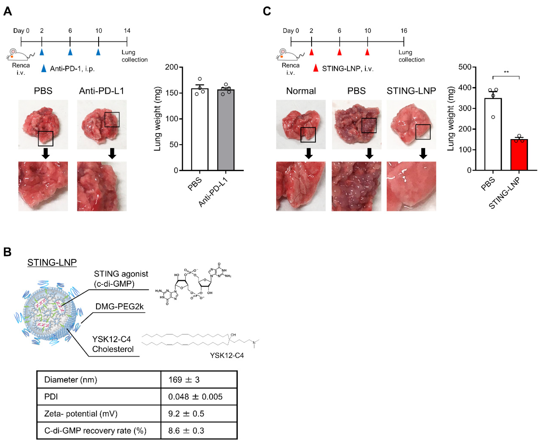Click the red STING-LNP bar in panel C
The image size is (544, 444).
click(519, 155)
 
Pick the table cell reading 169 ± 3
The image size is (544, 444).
click(184, 380)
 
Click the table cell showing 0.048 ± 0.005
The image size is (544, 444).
click(195, 397)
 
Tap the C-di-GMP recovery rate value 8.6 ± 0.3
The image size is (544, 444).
click(186, 431)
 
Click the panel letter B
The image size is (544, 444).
click(7, 252)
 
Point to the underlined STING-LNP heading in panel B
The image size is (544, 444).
click(52, 262)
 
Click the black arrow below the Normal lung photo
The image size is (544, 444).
click(309, 153)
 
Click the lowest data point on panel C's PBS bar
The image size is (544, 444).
click(493, 117)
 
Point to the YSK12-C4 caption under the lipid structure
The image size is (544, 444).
click(227, 355)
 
